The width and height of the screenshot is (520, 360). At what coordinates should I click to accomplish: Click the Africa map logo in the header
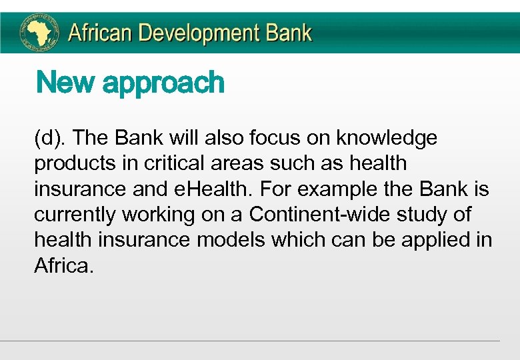pos(39,33)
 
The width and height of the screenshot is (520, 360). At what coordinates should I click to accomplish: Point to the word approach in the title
pos(163,84)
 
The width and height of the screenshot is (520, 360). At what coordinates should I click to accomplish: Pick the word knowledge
pos(387,138)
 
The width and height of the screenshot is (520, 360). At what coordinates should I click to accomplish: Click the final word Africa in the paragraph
pos(62,266)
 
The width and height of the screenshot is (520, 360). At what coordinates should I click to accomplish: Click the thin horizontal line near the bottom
pos(249,341)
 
